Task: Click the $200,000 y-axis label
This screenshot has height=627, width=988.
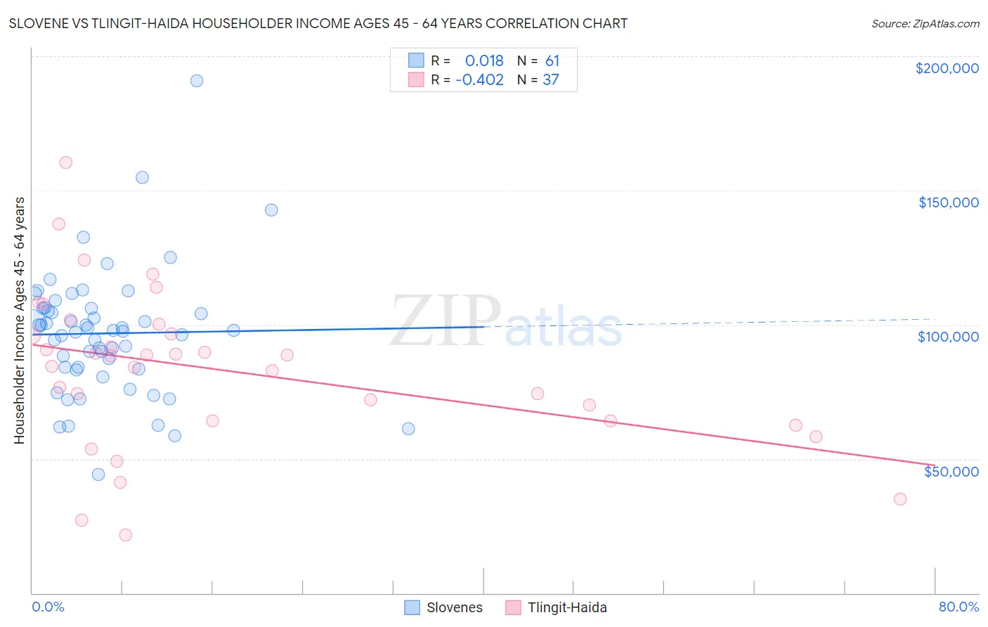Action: (x=947, y=68)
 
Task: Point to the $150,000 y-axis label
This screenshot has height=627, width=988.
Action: (x=948, y=202)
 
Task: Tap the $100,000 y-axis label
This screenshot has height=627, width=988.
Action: (x=948, y=337)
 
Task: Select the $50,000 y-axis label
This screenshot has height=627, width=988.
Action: (x=951, y=472)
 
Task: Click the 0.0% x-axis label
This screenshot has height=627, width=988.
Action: (x=48, y=607)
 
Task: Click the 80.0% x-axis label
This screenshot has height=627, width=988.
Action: (x=958, y=607)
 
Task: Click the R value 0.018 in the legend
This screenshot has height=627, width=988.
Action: (x=484, y=61)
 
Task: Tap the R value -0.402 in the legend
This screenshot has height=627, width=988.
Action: (x=479, y=80)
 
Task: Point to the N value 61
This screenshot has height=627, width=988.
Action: (x=552, y=61)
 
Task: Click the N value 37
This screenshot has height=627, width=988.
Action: (x=551, y=80)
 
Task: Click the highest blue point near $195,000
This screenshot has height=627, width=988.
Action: (x=197, y=81)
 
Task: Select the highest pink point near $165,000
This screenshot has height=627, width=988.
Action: (x=66, y=162)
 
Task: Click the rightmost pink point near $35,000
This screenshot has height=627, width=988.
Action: (x=900, y=499)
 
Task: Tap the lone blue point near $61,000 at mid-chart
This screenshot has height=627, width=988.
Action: (x=408, y=429)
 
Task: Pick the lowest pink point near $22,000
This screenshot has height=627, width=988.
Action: (x=126, y=535)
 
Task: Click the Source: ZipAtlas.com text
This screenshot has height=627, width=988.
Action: (x=925, y=24)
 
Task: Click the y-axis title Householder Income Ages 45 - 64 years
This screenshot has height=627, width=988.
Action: (x=20, y=321)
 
